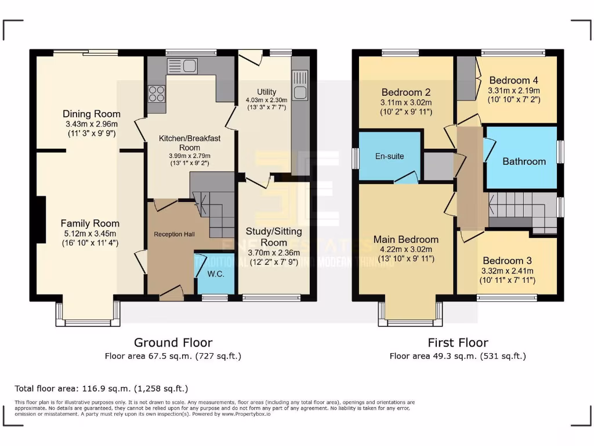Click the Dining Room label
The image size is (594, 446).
pyautogui.click(x=92, y=114)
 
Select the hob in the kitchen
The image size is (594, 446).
pyautogui.click(x=157, y=93)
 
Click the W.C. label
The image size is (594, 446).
pyautogui.click(x=216, y=274)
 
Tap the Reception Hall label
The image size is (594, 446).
pyautogui.click(x=174, y=234)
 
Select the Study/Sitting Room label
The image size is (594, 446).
pyautogui.click(x=274, y=236)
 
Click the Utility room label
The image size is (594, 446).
pyautogui.click(x=267, y=92)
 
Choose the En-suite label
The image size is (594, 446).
pyautogui.click(x=390, y=156)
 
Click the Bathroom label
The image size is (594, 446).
pyautogui.click(x=524, y=161)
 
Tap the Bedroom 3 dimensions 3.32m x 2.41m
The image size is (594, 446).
pyautogui.click(x=507, y=271)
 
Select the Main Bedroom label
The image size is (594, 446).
pyautogui.click(x=405, y=239)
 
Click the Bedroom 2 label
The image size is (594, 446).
pyautogui.click(x=405, y=92)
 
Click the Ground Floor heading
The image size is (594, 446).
pyautogui.click(x=173, y=343)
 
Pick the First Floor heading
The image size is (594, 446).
pyautogui.click(x=458, y=343)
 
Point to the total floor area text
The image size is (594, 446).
pyautogui.click(x=102, y=388)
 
